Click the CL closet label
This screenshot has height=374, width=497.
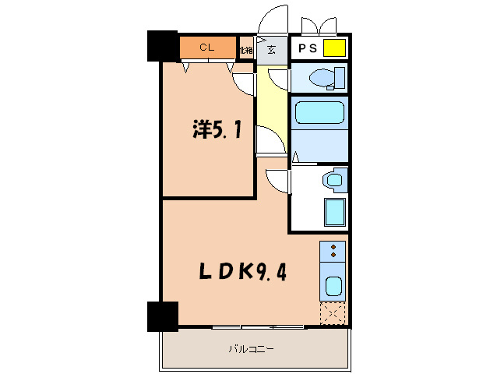pyautogui.click(x=206, y=48)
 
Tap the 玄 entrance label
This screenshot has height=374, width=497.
pyautogui.click(x=272, y=50)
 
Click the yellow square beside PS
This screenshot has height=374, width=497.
pyautogui.click(x=334, y=48)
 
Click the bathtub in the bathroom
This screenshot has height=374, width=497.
pyautogui.click(x=319, y=113)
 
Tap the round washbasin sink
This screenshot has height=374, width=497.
pyautogui.click(x=335, y=181)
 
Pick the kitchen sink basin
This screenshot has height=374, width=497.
pyautogui.click(x=333, y=286)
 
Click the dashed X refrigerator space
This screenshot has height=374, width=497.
pyautogui.click(x=333, y=314)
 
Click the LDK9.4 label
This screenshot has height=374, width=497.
pyautogui.click(x=237, y=273)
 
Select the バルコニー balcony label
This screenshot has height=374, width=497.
pyautogui.click(x=251, y=348)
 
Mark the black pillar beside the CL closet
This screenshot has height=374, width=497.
pyautogui.click(x=163, y=46)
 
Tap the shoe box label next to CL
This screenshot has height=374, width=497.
pyautogui.click(x=247, y=49)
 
